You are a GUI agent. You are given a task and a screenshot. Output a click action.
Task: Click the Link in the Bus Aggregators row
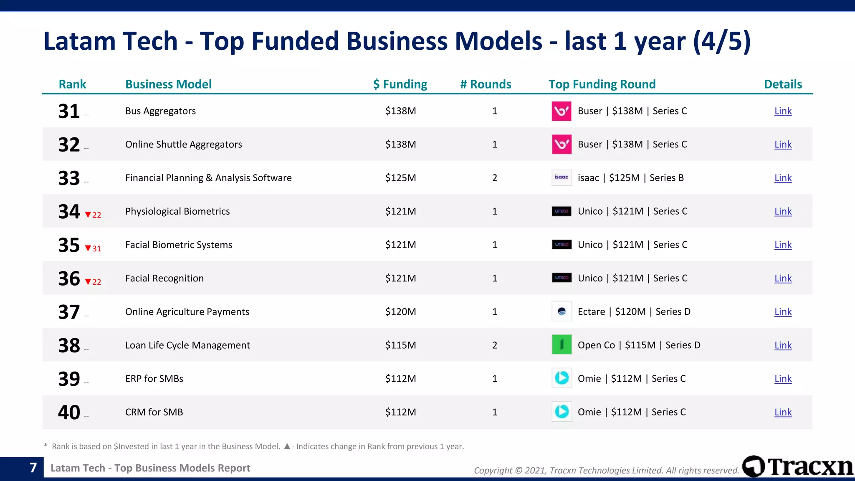(x=783, y=111)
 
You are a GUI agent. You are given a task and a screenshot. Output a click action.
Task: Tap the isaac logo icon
(x=562, y=177)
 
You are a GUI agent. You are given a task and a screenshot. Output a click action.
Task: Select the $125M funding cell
(x=400, y=178)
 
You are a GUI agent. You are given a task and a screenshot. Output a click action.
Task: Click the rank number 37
(x=69, y=312)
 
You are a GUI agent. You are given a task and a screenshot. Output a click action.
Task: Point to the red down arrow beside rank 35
(x=88, y=248)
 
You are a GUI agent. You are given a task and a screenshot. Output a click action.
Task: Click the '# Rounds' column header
(x=486, y=84)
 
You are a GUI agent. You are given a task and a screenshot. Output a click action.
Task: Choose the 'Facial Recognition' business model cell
(x=164, y=278)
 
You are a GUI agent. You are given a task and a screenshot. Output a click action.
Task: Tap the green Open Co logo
(x=562, y=345)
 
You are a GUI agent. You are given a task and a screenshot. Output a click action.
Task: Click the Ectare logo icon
(x=562, y=311)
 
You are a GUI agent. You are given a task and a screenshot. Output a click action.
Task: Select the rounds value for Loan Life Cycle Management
(x=495, y=345)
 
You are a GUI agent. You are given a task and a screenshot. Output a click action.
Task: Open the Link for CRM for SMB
(x=783, y=412)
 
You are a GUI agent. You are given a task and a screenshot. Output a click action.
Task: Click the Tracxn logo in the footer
(x=797, y=466)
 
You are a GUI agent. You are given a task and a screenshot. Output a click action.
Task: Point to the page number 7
(x=33, y=468)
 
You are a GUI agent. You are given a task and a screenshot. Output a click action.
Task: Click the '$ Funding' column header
(x=400, y=84)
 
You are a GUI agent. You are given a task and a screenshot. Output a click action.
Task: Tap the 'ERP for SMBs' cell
(x=154, y=379)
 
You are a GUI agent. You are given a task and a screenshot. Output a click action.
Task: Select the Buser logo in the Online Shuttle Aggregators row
(x=562, y=144)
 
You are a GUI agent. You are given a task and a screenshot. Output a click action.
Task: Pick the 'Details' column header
(x=783, y=84)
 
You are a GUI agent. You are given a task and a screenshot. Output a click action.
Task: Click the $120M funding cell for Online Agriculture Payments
(x=400, y=312)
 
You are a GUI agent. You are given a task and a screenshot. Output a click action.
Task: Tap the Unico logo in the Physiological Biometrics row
(x=562, y=211)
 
